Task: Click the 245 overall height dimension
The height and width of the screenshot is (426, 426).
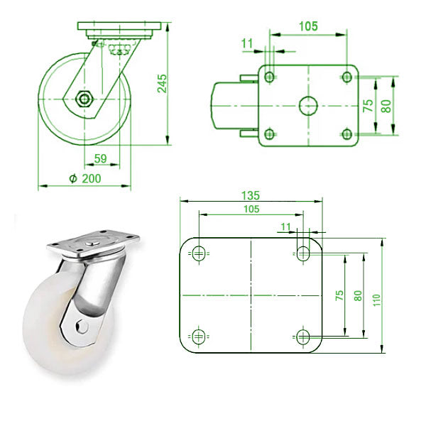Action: (163, 83)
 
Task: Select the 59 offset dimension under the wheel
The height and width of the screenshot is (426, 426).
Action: (101, 158)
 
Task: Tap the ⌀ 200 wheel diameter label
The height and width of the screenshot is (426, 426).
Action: (86, 179)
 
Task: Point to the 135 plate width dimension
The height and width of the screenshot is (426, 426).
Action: (249, 195)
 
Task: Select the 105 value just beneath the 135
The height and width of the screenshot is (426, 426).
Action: (251, 209)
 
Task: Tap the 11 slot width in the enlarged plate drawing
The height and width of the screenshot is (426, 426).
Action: (286, 226)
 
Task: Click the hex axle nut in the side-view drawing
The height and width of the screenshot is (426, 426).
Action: (86, 98)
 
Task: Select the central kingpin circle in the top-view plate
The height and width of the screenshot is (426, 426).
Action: (307, 105)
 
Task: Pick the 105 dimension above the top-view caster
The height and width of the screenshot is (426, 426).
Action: (307, 26)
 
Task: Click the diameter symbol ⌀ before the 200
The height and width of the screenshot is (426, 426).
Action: (73, 179)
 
